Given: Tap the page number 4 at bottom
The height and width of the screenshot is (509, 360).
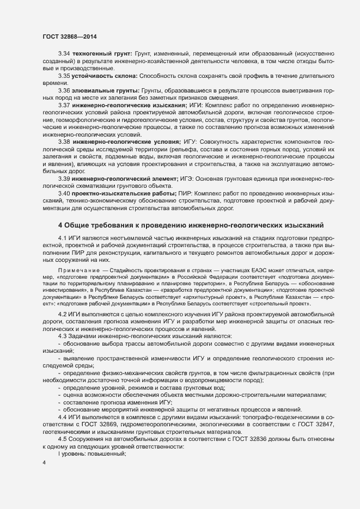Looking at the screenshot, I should (44, 463).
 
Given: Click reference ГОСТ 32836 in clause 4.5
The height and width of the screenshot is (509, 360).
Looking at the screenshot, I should (229, 440).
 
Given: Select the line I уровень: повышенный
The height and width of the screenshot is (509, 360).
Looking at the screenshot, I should (92, 454).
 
